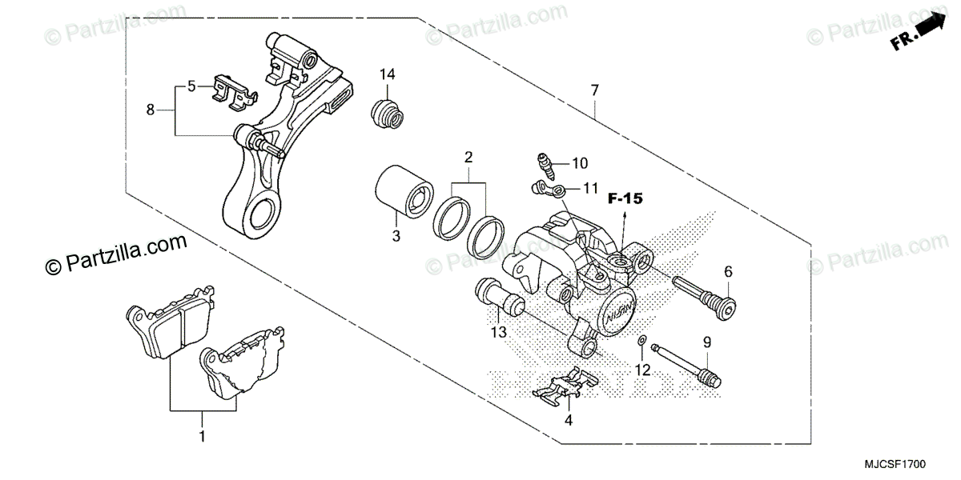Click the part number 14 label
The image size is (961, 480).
coord(388,74)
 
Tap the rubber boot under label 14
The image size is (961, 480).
coord(388,114)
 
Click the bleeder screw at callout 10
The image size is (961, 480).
coord(546,164)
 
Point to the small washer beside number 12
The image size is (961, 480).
coord(643,343)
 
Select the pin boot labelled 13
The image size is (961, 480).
coord(500,296)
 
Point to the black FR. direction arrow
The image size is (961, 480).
coord(929,30)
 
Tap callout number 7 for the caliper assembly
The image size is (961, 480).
coord(594,90)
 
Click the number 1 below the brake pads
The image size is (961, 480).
coord(203,437)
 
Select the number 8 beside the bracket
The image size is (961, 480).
coord(151,110)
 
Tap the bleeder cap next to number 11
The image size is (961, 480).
coord(548,189)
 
